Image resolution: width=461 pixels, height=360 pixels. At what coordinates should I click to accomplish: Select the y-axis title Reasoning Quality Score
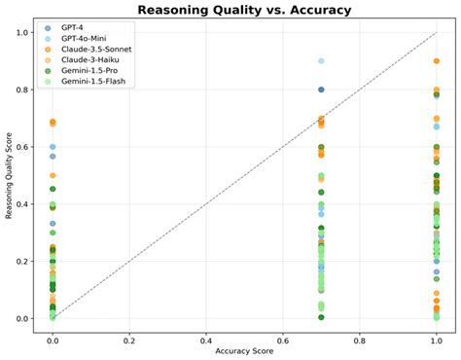coord(10,175)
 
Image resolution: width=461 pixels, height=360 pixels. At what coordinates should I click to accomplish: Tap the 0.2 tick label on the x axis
coord(129,334)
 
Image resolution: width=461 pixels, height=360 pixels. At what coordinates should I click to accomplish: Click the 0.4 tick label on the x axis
coord(206,334)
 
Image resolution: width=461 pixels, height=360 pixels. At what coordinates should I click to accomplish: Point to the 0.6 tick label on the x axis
coord(283,334)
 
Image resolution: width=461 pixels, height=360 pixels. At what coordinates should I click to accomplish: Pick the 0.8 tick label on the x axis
coord(360,334)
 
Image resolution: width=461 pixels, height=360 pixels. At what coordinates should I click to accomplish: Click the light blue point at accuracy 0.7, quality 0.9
coord(321,61)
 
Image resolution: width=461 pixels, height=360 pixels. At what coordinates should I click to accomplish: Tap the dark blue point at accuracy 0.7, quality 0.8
coord(321,90)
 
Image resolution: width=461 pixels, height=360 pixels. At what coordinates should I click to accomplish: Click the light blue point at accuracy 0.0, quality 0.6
coord(53,147)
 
